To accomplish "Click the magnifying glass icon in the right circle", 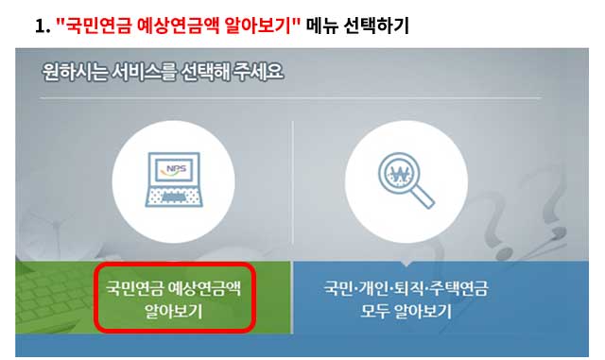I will [406, 180].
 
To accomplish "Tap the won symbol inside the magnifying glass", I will [401, 174].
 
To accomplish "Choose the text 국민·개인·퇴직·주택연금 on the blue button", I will [406, 287].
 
